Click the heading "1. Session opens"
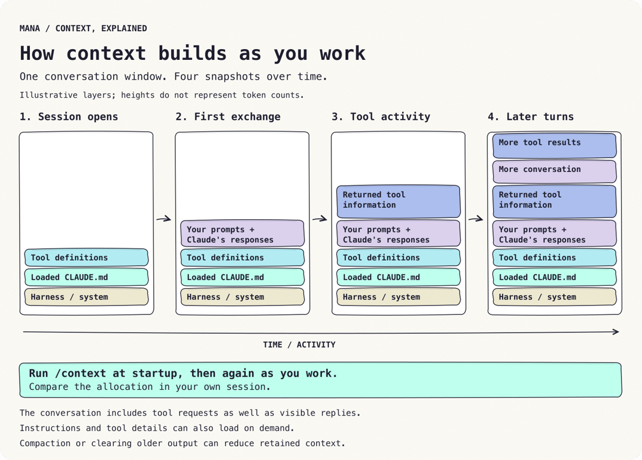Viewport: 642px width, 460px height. tap(69, 117)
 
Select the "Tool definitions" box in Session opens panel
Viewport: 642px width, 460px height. tap(86, 258)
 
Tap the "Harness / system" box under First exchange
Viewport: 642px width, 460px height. tap(242, 297)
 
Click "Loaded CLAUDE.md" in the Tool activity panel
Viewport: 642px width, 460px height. tap(398, 277)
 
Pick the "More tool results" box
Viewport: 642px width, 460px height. tap(555, 146)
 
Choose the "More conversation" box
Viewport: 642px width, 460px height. tap(555, 171)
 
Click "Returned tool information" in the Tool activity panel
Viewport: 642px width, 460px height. tap(398, 201)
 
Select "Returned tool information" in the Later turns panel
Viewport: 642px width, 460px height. tap(555, 201)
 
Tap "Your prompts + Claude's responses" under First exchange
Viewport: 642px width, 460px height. tap(242, 233)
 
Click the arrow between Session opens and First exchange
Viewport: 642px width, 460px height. tap(164, 219)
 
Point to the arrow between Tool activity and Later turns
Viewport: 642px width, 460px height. tap(476, 219)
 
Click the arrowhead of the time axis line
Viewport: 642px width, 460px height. tap(616, 332)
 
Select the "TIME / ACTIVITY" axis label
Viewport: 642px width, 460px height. tap(299, 345)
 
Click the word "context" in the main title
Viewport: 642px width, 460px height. tap(106, 53)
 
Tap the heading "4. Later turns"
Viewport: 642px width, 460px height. tap(531, 117)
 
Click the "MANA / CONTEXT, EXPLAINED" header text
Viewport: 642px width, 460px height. tap(83, 29)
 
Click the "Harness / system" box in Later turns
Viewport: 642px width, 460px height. tap(555, 297)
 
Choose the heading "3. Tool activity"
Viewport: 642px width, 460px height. tap(381, 117)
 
